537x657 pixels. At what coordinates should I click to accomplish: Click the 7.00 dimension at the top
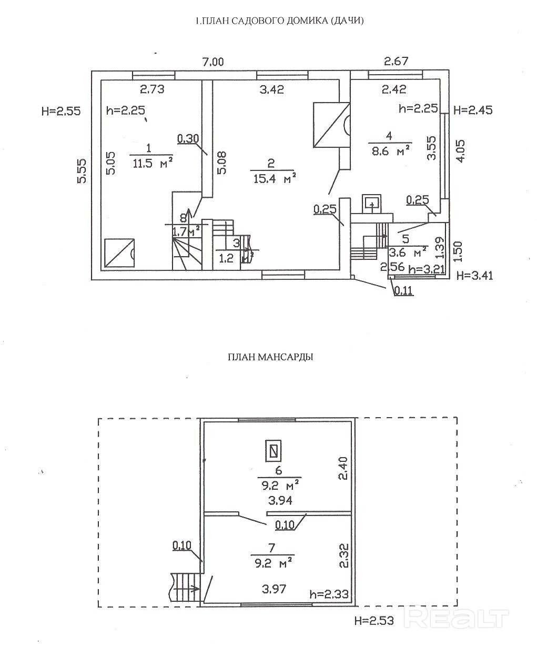(x=212, y=62)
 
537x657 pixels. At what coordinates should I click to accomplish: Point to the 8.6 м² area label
(x=389, y=151)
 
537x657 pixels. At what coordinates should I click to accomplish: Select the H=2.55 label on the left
(x=62, y=110)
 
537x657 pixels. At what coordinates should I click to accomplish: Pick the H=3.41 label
(x=474, y=275)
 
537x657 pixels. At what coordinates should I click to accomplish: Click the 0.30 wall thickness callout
(x=188, y=139)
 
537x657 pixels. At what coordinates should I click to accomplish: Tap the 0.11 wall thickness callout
(x=403, y=289)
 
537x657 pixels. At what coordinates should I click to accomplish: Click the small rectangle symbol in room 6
(x=273, y=450)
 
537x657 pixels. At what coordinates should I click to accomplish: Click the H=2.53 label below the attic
(x=374, y=621)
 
